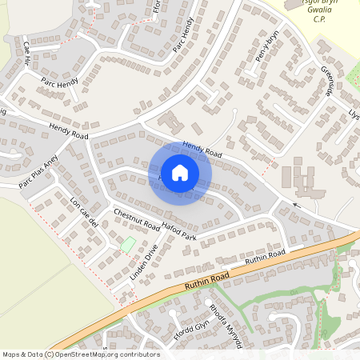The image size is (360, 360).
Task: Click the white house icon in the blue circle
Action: tap(179, 173)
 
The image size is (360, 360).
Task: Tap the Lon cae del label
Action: tap(82, 210)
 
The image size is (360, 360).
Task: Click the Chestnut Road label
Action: tap(137, 219)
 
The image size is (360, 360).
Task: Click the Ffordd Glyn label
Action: tap(190, 330)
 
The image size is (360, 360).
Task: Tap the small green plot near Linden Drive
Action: tap(126, 243)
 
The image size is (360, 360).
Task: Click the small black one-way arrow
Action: tap(296, 206)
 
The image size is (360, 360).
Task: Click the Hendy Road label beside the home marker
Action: tap(201, 147)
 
